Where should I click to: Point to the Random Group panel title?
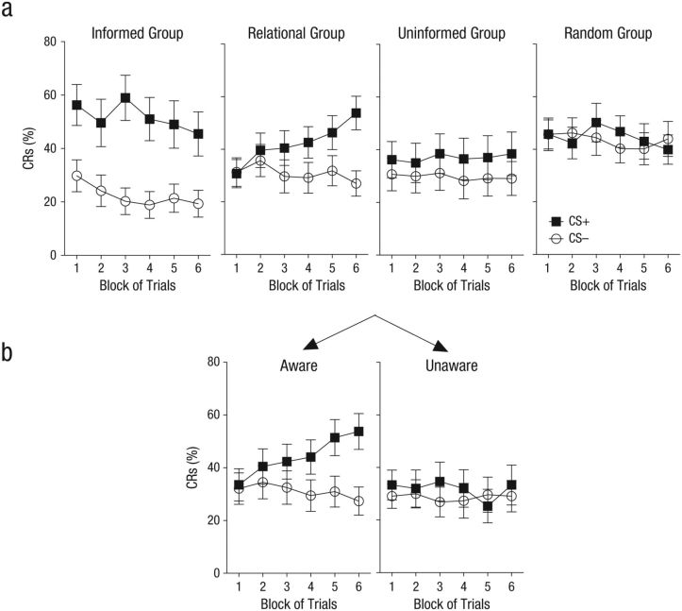[607, 34]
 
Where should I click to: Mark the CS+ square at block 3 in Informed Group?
[125, 97]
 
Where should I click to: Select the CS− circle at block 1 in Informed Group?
[77, 176]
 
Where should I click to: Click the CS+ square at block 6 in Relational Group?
[355, 112]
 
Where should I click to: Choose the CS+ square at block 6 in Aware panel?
[357, 431]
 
